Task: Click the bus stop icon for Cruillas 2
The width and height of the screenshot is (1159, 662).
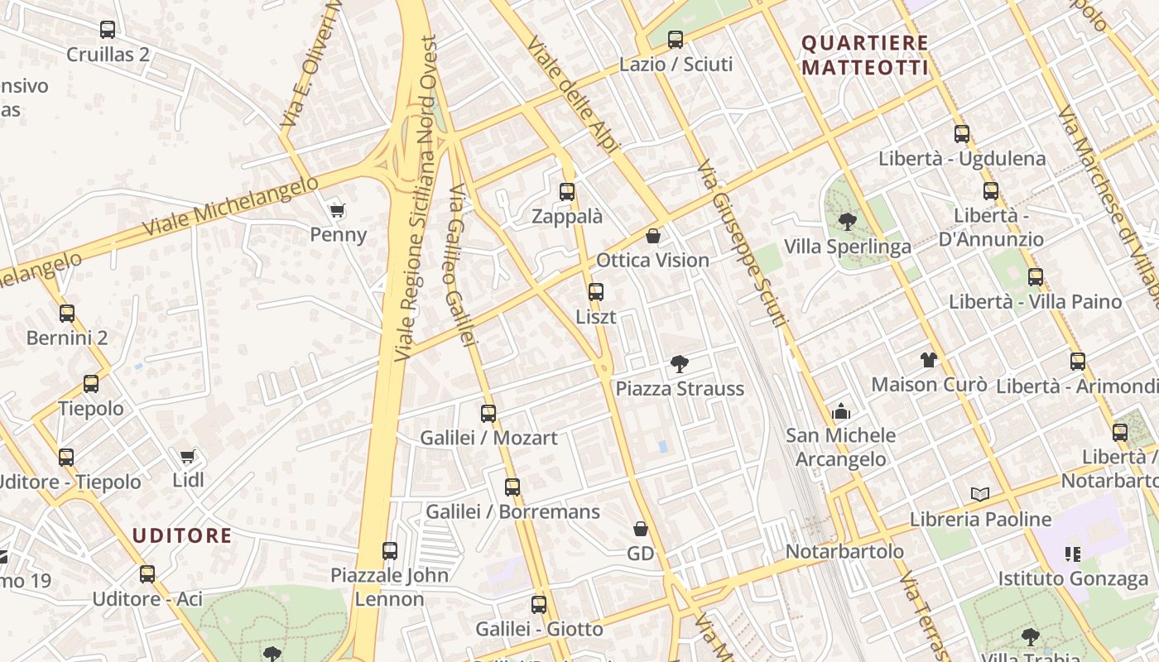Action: point(108,30)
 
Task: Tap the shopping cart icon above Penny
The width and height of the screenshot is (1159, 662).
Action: point(337,210)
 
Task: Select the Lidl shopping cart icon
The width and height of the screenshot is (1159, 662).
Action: point(188,456)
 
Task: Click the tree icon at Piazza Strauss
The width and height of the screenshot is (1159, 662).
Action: point(680,363)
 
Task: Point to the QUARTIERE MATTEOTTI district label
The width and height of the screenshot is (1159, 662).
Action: point(865,55)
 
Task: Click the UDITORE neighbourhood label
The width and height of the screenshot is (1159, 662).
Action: point(182,535)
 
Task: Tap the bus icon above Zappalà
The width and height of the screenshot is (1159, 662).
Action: point(567,192)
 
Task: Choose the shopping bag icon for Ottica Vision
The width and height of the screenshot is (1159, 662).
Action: point(653,236)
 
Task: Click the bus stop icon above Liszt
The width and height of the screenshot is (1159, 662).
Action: point(596,291)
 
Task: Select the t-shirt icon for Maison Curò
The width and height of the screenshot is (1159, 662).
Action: point(929,360)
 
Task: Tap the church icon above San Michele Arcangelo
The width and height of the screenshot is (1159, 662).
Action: point(841,410)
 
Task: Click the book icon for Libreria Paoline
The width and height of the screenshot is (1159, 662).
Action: point(980,494)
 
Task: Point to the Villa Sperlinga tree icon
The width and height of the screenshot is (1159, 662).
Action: point(847,222)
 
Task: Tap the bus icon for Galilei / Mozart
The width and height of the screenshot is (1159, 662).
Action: point(488,413)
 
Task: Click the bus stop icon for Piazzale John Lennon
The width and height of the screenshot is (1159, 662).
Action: point(390,550)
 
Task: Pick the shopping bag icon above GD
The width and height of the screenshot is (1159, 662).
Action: point(641,529)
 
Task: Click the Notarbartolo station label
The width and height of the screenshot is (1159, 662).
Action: point(844,551)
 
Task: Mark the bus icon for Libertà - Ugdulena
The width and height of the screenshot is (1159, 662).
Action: point(962,133)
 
